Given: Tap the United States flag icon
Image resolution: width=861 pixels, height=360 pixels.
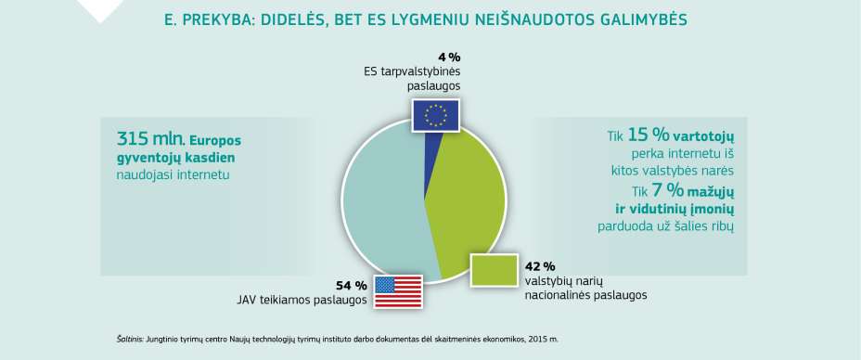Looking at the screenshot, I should click(397, 291).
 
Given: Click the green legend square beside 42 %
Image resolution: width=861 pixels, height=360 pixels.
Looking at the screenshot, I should click(494, 270).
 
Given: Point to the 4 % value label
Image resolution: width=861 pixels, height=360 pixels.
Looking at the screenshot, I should click(448, 57).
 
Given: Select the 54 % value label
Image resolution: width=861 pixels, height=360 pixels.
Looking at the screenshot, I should click(352, 285).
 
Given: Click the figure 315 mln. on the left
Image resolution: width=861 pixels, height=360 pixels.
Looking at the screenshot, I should click(150, 140).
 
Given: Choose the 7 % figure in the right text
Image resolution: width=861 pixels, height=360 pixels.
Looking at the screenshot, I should click(650, 190).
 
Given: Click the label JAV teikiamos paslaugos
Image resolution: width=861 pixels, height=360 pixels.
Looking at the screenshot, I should click(302, 300).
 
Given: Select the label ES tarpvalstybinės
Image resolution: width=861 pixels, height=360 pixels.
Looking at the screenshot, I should click(412, 71).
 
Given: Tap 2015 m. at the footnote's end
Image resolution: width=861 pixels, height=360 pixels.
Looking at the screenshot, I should click(554, 341).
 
